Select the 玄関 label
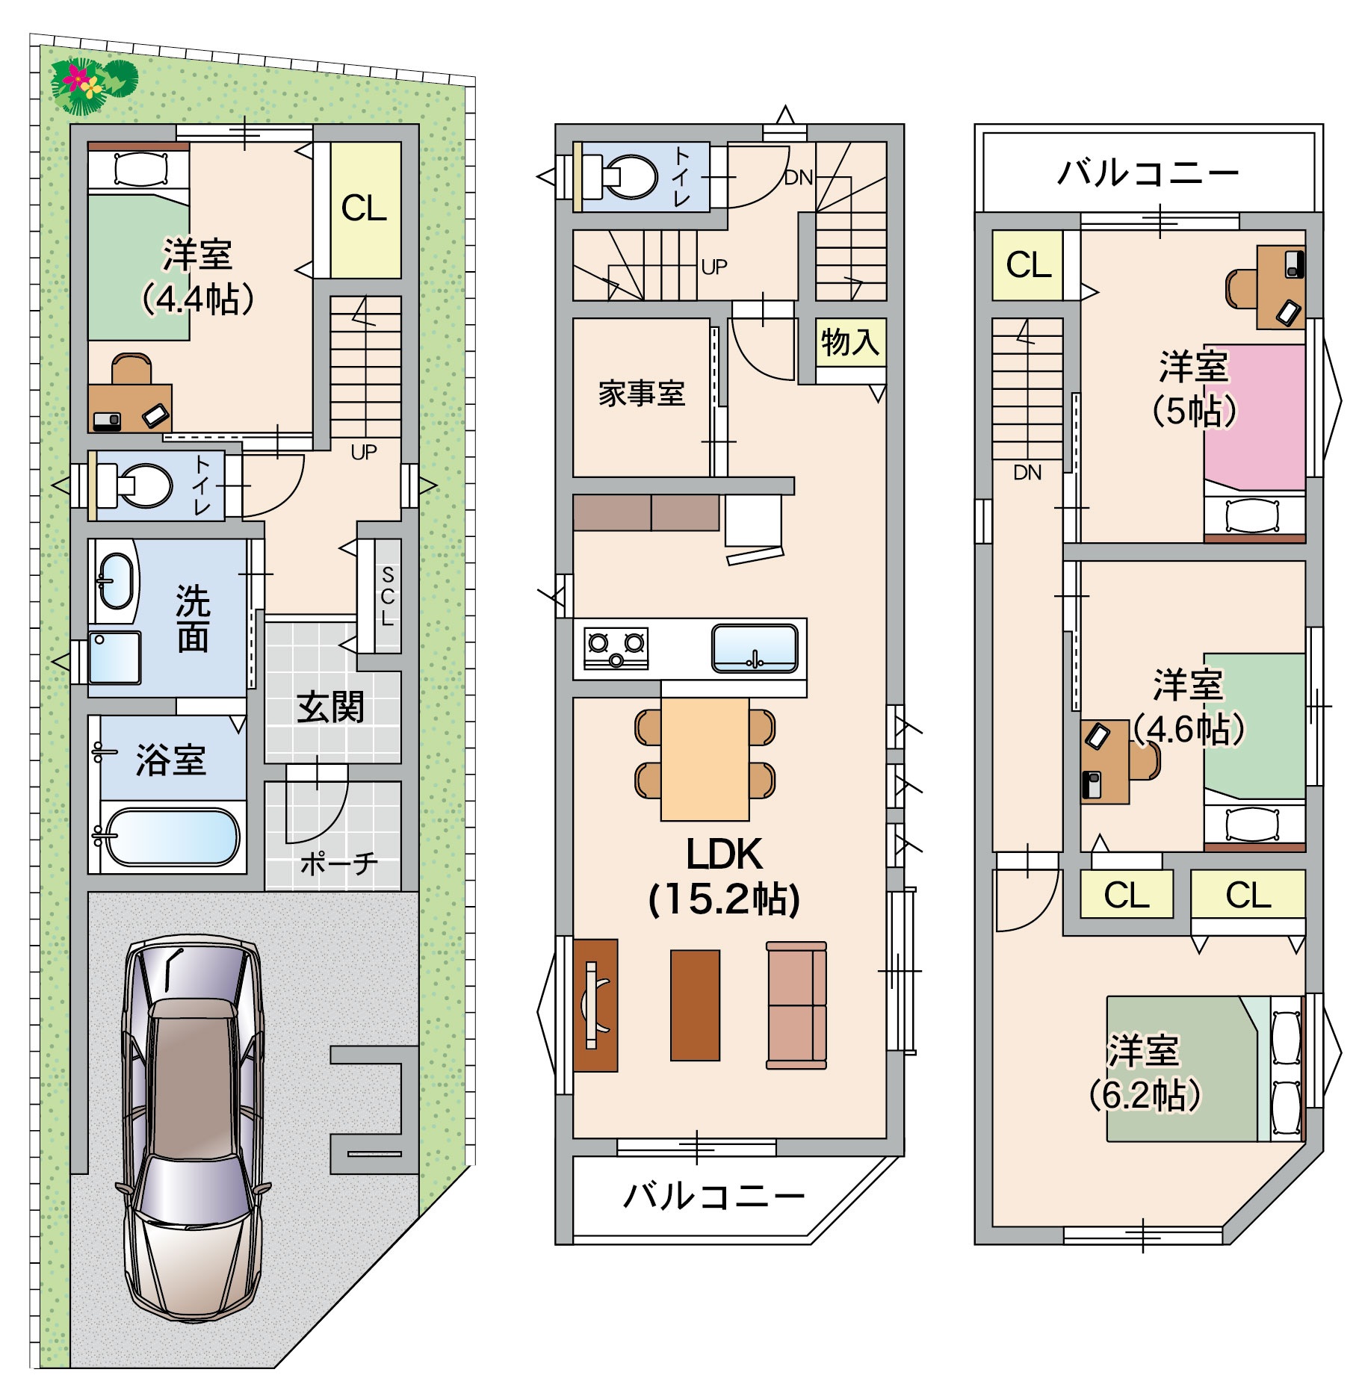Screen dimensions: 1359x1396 pyautogui.click(x=330, y=707)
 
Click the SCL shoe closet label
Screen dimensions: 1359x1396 pyautogui.click(x=387, y=596)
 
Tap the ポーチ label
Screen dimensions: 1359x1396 pyautogui.click(x=339, y=864)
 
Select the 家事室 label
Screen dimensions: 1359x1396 pyautogui.click(x=642, y=393)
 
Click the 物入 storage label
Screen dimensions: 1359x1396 pyautogui.click(x=850, y=342)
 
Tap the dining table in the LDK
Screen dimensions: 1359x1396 pyautogui.click(x=705, y=759)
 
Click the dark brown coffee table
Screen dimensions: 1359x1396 pyautogui.click(x=695, y=1005)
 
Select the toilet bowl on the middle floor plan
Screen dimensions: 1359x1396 pyautogui.click(x=629, y=177)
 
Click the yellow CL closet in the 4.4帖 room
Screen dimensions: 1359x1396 pyautogui.click(x=365, y=210)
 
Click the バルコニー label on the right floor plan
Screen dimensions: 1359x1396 pyautogui.click(x=1148, y=174)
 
